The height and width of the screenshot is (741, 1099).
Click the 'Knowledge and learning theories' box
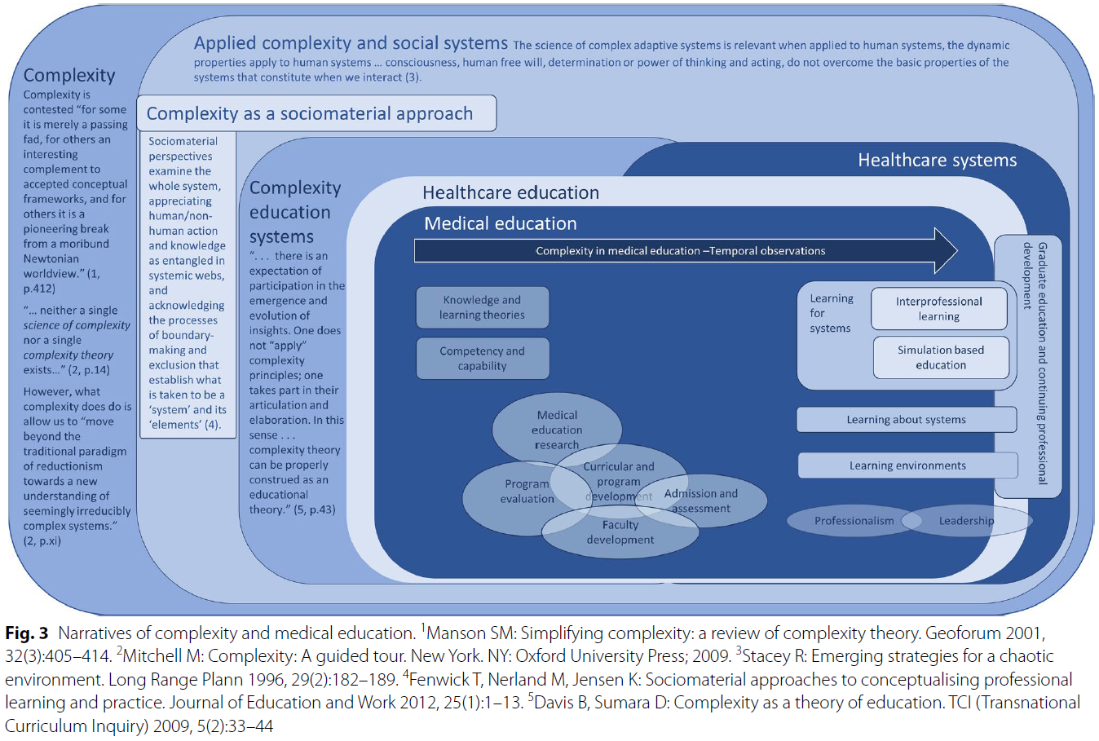(x=482, y=307)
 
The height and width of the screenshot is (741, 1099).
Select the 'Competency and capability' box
(x=482, y=359)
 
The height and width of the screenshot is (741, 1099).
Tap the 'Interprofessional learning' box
(x=938, y=309)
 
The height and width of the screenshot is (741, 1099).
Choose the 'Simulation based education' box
(x=940, y=358)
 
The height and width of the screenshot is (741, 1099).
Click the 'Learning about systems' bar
(x=906, y=420)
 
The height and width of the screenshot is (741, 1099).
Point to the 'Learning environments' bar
(x=907, y=465)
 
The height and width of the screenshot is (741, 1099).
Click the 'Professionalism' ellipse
(x=854, y=521)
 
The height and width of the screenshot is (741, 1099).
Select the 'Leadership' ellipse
(x=967, y=521)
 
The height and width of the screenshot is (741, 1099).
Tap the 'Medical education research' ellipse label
(x=557, y=430)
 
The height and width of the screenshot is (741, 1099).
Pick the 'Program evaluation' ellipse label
(x=527, y=492)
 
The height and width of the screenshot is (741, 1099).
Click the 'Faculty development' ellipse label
(x=620, y=532)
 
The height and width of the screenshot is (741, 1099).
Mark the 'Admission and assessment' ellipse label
(x=701, y=501)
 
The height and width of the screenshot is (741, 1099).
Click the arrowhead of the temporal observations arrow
(x=945, y=251)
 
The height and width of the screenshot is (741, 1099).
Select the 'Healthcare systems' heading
(x=937, y=161)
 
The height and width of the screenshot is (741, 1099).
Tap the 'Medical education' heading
(x=501, y=223)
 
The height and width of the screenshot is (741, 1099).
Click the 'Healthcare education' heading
(x=510, y=193)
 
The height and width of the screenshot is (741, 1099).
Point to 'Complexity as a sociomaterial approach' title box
(x=316, y=113)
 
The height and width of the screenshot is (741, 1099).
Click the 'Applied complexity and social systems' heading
(x=351, y=43)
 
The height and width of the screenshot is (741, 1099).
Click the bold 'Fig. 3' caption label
(x=26, y=633)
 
